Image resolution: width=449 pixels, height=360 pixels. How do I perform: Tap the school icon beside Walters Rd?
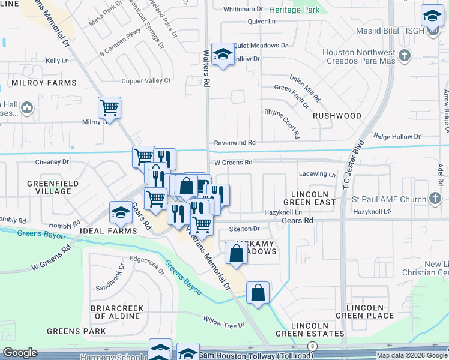click(223, 56)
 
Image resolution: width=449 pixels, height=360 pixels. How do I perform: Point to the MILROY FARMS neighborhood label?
click(42, 82)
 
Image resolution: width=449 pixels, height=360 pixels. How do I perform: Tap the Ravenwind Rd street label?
click(235, 143)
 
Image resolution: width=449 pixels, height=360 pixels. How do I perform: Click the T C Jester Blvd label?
click(354, 163)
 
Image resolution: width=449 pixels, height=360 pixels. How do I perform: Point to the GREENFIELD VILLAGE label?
click(49, 187)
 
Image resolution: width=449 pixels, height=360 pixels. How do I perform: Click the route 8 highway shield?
click(312, 346)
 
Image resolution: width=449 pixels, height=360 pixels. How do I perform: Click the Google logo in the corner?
click(20, 353)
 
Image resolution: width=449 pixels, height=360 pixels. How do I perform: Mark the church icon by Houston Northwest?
click(405, 56)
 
